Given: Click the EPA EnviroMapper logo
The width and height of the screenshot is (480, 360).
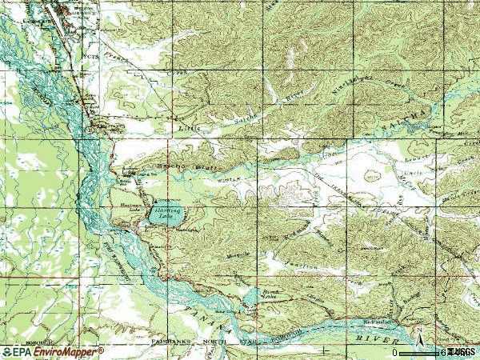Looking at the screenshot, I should click(x=53, y=351).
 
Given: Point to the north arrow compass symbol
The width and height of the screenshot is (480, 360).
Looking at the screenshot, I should click(x=417, y=332).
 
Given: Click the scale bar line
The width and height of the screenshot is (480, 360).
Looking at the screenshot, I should click(x=421, y=352).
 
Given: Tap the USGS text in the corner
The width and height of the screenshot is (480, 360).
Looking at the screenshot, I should click(x=462, y=352).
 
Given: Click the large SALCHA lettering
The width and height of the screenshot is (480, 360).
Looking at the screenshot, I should click(x=409, y=118).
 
